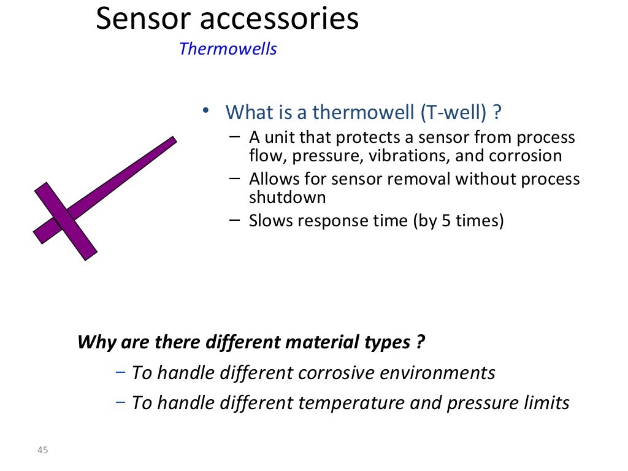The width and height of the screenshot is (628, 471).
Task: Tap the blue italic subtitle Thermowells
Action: (228, 49)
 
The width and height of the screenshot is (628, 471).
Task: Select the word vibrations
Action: (408, 156)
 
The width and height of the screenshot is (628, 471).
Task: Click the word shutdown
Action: (287, 197)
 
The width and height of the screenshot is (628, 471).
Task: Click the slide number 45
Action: (42, 451)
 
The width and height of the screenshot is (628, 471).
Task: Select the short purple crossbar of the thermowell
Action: (66, 221)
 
